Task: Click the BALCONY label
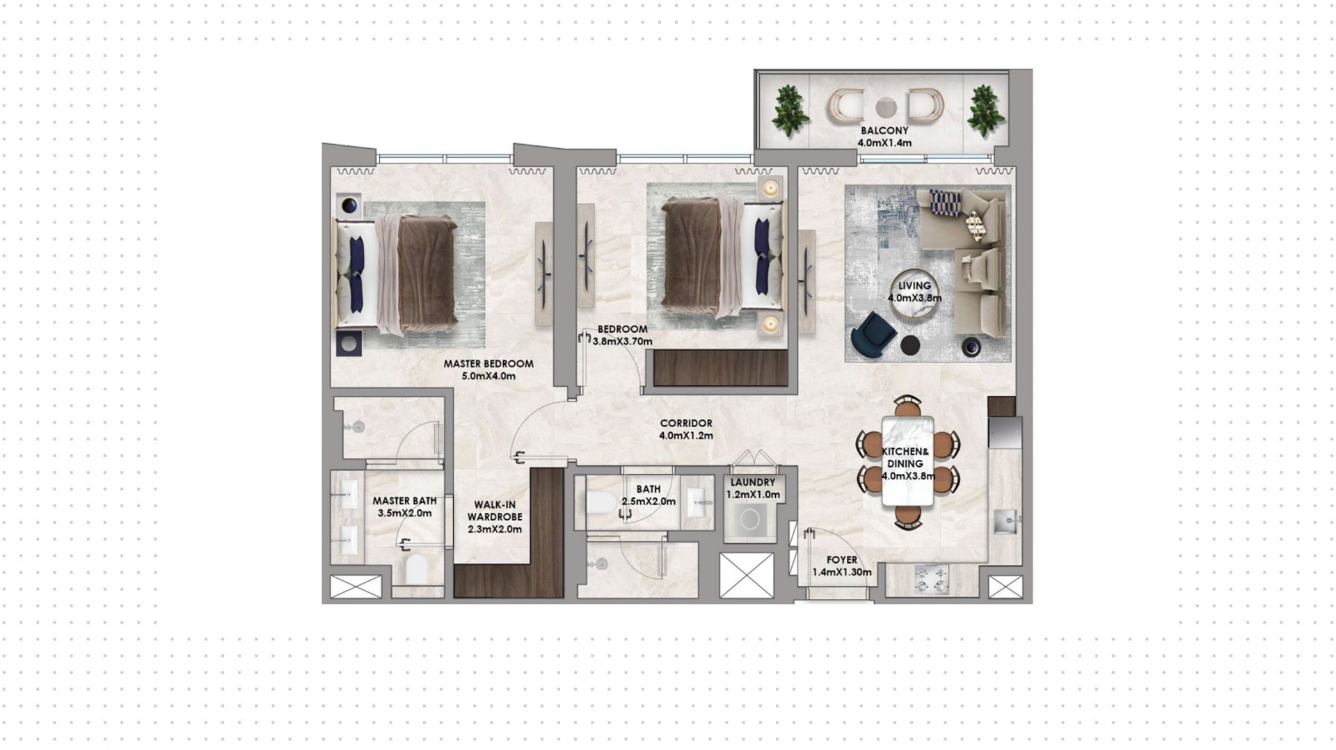(x=884, y=131)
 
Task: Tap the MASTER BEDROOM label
(x=488, y=364)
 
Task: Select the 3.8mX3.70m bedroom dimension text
(x=622, y=342)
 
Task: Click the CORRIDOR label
(x=686, y=423)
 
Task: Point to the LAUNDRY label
(x=753, y=482)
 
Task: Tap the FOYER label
(x=842, y=560)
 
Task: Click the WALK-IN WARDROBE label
(x=495, y=511)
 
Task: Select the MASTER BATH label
(x=404, y=501)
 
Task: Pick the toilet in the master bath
(x=416, y=569)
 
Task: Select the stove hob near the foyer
(x=932, y=579)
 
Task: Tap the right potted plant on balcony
(x=983, y=111)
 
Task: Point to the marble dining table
(x=907, y=461)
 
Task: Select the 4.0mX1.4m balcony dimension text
(x=884, y=143)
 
